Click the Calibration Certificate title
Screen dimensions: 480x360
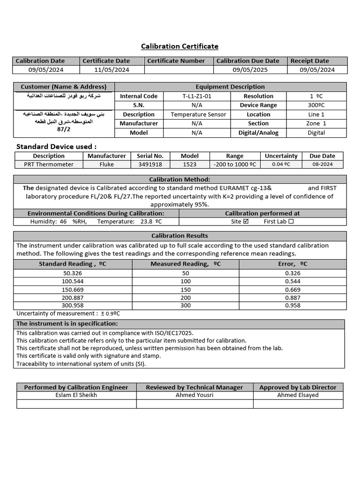click(180, 46)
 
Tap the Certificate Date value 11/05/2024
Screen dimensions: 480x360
click(112, 70)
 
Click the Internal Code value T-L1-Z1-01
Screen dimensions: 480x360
click(197, 96)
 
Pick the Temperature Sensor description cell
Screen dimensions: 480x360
click(198, 114)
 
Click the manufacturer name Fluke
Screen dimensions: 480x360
click(106, 165)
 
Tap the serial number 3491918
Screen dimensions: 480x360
click(150, 165)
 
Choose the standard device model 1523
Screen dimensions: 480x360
click(189, 165)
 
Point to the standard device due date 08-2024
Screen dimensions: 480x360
click(322, 165)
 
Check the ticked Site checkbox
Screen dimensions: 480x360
click(246, 222)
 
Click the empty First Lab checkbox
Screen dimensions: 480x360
click(291, 222)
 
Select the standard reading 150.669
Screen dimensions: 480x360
click(72, 290)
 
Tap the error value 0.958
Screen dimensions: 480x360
click(292, 306)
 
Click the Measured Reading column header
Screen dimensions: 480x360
click(186, 264)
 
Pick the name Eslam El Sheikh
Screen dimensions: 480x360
click(76, 395)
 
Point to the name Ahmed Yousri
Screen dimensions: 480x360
click(194, 395)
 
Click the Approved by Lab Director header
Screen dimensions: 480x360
click(298, 387)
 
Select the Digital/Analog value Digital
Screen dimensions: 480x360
click(316, 133)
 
